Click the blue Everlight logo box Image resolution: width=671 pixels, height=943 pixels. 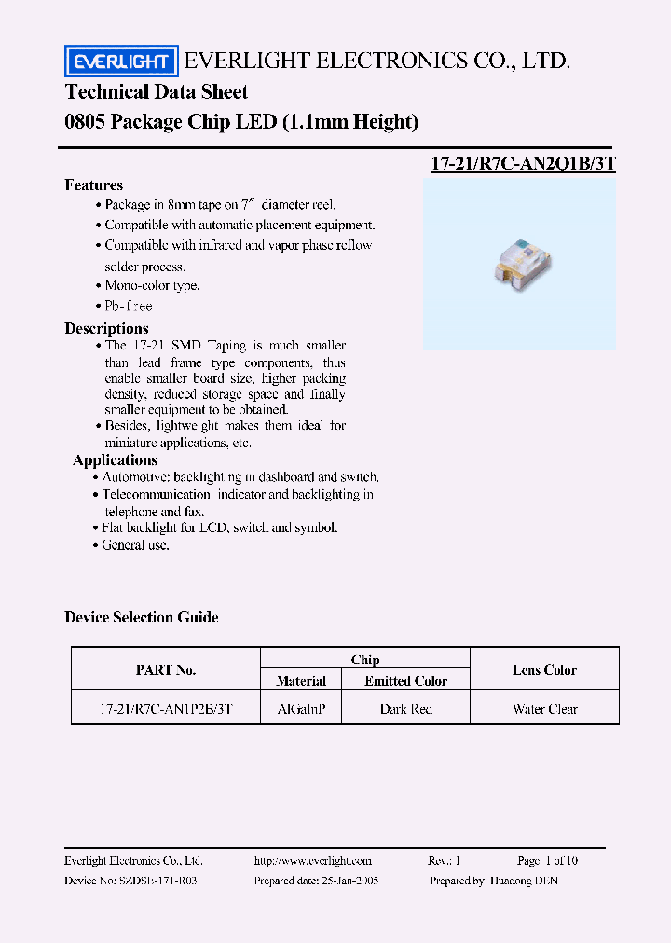120,61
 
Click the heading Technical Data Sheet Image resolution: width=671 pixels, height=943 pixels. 157,91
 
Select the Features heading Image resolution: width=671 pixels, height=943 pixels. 93,184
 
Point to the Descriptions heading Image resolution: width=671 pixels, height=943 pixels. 106,328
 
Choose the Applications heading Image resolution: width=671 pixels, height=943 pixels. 116,459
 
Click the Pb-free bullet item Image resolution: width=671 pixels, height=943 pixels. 128,306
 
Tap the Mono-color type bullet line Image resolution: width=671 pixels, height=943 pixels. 151,285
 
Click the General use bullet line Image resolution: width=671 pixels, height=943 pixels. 135,544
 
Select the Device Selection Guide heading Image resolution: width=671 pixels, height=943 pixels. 142,617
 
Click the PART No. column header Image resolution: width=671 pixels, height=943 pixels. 166,670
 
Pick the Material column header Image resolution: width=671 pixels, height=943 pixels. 301,681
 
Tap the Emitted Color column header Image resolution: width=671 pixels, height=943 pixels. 405,681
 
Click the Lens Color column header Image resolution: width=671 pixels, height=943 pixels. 544,670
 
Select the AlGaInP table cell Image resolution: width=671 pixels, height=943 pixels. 301,709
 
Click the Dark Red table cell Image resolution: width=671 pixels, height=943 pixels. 405,709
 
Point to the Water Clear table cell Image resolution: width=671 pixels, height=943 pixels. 544,709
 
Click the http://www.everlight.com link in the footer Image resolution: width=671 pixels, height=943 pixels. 312,861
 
